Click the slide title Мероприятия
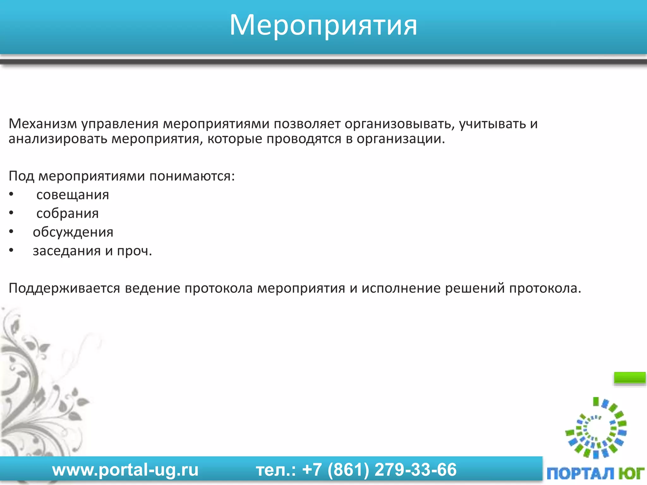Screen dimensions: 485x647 pyautogui.click(x=323, y=25)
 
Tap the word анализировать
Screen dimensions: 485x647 pyautogui.click(x=58, y=139)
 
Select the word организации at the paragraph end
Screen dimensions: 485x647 pyautogui.click(x=401, y=139)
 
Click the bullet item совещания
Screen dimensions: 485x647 pyautogui.click(x=73, y=195)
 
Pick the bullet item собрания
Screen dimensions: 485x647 pyautogui.click(x=68, y=213)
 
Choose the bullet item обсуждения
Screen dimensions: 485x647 pyautogui.click(x=73, y=232)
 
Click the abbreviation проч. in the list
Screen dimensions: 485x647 pyautogui.click(x=135, y=251)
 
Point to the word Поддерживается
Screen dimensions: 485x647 pyautogui.click(x=64, y=288)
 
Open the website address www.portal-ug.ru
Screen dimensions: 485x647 pyautogui.click(x=125, y=470)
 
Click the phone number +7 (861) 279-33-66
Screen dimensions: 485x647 pyautogui.click(x=379, y=470)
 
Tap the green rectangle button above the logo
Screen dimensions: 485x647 pyautogui.click(x=629, y=378)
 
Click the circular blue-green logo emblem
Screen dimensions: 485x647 pyautogui.click(x=596, y=428)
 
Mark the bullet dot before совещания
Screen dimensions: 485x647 pyautogui.click(x=11, y=195)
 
